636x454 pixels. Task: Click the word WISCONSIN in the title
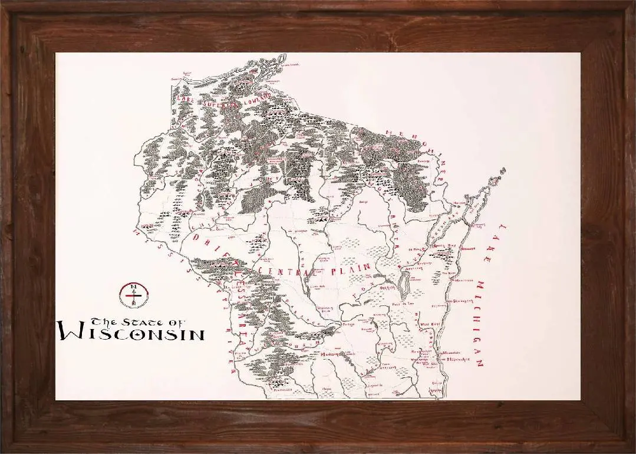(x=132, y=334)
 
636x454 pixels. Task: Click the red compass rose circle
(x=134, y=295)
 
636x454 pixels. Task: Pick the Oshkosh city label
(x=388, y=287)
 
